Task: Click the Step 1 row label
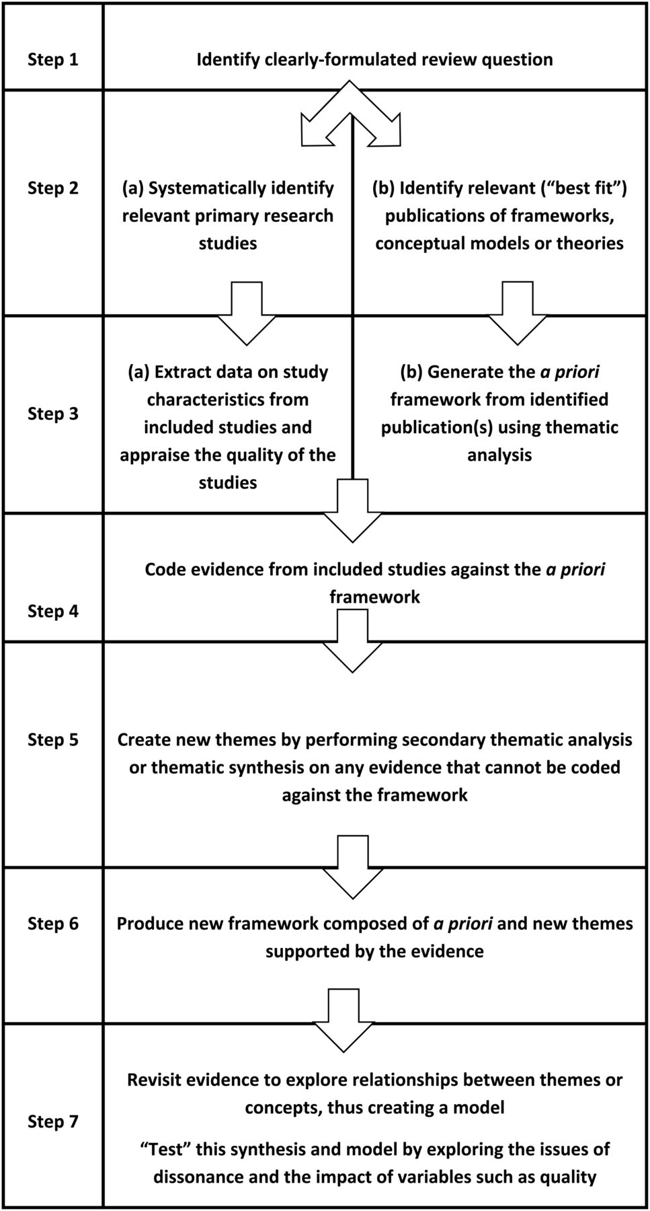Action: click(53, 59)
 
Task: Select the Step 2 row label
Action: click(53, 188)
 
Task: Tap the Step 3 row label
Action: click(53, 413)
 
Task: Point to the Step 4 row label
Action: click(53, 611)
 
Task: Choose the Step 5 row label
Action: click(53, 739)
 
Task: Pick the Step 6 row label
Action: click(53, 923)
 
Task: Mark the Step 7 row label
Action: click(53, 1121)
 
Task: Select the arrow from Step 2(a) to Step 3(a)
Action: click(246, 312)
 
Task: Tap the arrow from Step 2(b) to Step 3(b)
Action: click(517, 312)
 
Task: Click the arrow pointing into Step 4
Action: click(353, 511)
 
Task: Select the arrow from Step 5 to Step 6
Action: click(353, 867)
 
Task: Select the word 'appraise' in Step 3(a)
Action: click(151, 455)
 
